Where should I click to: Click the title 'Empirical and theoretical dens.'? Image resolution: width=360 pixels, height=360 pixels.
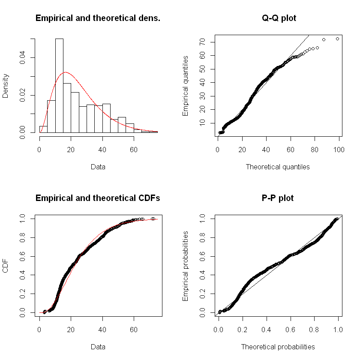98,18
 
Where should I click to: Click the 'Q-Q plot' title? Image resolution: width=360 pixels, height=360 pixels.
279,18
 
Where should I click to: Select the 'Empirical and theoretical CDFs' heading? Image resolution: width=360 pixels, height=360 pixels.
98,198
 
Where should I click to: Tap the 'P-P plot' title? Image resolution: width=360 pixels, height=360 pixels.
279,198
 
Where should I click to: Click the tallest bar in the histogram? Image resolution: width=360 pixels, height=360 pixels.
59,86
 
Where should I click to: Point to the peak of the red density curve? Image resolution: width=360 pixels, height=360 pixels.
65,72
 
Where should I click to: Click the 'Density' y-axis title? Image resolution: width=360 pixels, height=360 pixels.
6,85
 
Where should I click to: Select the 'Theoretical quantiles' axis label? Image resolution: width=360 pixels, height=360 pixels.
278,167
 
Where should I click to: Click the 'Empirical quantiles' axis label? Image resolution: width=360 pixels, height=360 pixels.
186,85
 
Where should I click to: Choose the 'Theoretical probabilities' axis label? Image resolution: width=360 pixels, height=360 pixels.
278,347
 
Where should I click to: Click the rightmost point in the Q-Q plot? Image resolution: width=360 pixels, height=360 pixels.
337,39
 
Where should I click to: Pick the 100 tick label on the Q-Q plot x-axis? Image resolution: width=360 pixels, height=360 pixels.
339,149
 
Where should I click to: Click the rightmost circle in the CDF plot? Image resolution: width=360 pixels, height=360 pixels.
153,219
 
